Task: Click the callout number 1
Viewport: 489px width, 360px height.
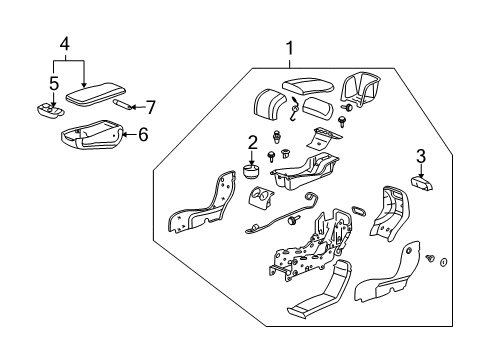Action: click(290, 49)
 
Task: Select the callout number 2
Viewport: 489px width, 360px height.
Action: click(252, 143)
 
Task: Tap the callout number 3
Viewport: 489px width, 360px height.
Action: click(421, 156)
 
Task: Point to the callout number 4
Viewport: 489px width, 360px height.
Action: click(65, 44)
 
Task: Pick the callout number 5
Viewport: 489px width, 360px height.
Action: click(54, 83)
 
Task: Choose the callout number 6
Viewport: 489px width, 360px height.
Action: click(143, 135)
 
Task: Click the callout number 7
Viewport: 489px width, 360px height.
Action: click(151, 107)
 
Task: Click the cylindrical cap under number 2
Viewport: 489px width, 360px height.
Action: click(251, 171)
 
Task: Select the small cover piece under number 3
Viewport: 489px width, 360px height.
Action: click(422, 183)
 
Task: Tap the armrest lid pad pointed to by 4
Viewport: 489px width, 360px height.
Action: click(96, 94)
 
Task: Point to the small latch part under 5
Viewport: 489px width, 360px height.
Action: click(50, 110)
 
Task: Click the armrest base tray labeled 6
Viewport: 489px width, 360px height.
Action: click(92, 134)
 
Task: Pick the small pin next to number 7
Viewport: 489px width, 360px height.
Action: click(122, 104)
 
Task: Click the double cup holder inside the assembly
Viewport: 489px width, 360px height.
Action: click(261, 198)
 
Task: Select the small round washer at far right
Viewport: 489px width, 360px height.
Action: click(444, 262)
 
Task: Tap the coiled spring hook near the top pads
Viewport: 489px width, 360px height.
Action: click(294, 109)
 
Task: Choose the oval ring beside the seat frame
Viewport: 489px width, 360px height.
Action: click(358, 211)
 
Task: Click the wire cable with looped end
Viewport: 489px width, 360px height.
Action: click(279, 214)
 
